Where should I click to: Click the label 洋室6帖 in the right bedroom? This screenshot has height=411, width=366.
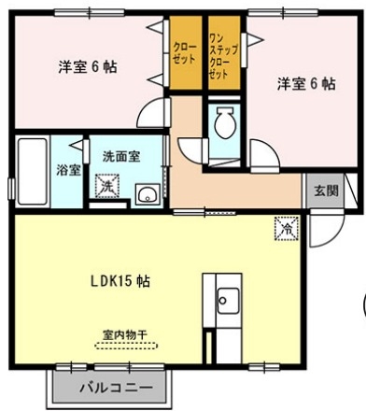pos(305,83)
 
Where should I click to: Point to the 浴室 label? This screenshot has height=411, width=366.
pos(67,171)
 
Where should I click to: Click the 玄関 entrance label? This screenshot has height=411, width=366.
pos(326,191)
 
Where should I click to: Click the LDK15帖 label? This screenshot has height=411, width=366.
pos(121,279)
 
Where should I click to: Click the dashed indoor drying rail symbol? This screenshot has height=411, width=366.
pos(125,344)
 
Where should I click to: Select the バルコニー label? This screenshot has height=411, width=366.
pos(114,385)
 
